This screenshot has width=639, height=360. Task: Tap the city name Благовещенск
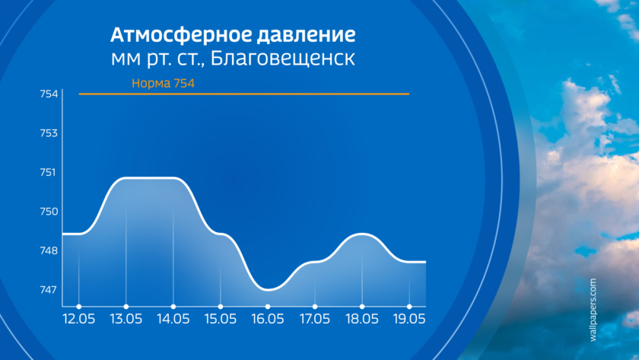pyautogui.click(x=282, y=58)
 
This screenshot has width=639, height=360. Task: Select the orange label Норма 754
pyautogui.click(x=163, y=83)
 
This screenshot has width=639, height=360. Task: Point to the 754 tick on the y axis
pyautogui.click(x=49, y=94)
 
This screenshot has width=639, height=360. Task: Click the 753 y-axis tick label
pyautogui.click(x=49, y=133)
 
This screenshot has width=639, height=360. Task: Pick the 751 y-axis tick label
pyautogui.click(x=48, y=173)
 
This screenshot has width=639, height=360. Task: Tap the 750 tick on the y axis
pyautogui.click(x=49, y=212)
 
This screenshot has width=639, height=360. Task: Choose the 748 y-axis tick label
pyautogui.click(x=49, y=250)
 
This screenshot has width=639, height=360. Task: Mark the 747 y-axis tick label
pyautogui.click(x=49, y=290)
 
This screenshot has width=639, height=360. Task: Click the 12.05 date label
pyautogui.click(x=79, y=319)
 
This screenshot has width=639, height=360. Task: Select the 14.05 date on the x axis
pyautogui.click(x=173, y=319)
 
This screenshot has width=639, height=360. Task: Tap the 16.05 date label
pyautogui.click(x=268, y=319)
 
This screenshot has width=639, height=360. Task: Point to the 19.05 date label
pyautogui.click(x=409, y=319)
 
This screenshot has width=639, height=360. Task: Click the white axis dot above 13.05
pyautogui.click(x=126, y=307)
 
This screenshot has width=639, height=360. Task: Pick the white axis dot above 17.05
pyautogui.click(x=315, y=307)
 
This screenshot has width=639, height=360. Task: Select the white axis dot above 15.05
pyautogui.click(x=221, y=307)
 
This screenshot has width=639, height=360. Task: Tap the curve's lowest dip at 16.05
pyautogui.click(x=268, y=290)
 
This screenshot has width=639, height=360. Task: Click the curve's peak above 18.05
pyautogui.click(x=362, y=234)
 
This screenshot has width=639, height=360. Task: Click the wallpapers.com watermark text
pyautogui.click(x=593, y=310)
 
